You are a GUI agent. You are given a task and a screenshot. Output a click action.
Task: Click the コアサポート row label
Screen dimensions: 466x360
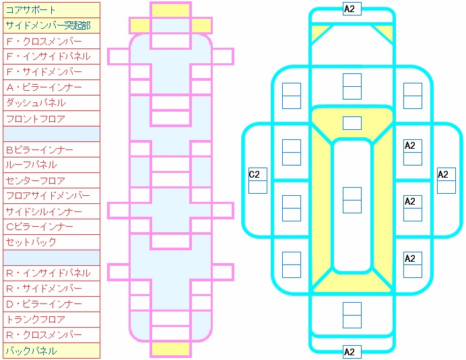[x=51, y=10]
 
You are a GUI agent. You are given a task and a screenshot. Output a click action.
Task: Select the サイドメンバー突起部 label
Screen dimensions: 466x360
[x=51, y=26]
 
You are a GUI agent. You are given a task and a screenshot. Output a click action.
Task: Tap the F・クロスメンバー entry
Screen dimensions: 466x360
[x=51, y=41]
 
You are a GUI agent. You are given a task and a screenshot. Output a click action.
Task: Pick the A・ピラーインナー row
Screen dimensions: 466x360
[x=51, y=87]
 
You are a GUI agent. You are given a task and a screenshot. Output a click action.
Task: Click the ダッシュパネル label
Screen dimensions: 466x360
[x=51, y=103]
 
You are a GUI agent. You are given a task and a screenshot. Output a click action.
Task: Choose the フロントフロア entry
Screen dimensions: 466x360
[x=51, y=118]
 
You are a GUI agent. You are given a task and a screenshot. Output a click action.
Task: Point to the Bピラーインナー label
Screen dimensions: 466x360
[x=51, y=149]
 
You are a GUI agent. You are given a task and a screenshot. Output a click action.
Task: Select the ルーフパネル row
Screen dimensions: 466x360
[x=51, y=165]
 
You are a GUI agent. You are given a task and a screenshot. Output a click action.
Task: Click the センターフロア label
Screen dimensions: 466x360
[x=51, y=180]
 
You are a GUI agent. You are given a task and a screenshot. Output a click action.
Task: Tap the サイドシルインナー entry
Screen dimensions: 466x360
[x=51, y=211]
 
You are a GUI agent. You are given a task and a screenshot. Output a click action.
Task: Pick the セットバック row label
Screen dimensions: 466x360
[x=51, y=242]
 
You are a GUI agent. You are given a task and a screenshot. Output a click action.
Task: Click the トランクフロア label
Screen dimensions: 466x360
[x=51, y=320]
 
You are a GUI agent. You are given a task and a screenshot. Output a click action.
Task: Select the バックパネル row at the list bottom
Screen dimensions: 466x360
[x=51, y=351]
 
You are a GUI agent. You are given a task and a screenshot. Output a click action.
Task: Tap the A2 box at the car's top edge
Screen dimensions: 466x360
[x=352, y=9]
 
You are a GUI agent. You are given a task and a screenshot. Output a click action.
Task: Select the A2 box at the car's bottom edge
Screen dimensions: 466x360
[x=352, y=352]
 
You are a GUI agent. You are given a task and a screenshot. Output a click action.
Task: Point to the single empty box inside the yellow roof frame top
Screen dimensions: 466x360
[x=352, y=123]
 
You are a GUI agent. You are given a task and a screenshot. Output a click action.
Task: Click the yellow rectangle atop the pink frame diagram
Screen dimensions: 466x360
[x=170, y=10]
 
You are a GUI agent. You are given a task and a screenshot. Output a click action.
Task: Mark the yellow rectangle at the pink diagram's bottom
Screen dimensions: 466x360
[x=170, y=349]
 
